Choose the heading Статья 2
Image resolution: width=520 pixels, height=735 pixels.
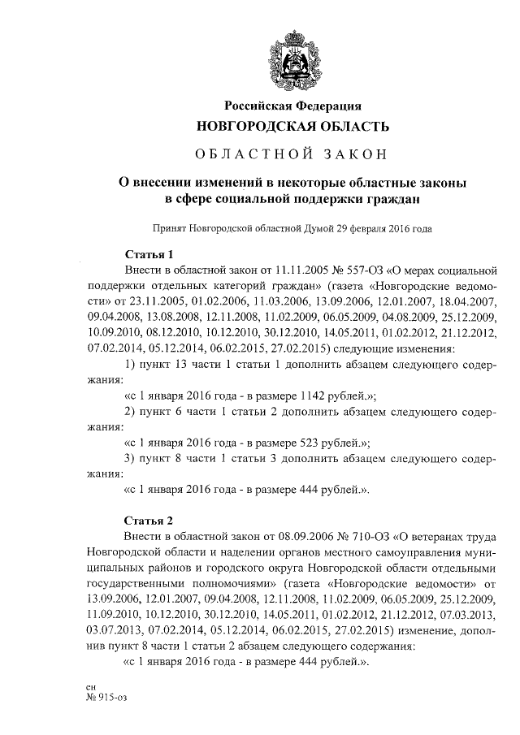149,521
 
